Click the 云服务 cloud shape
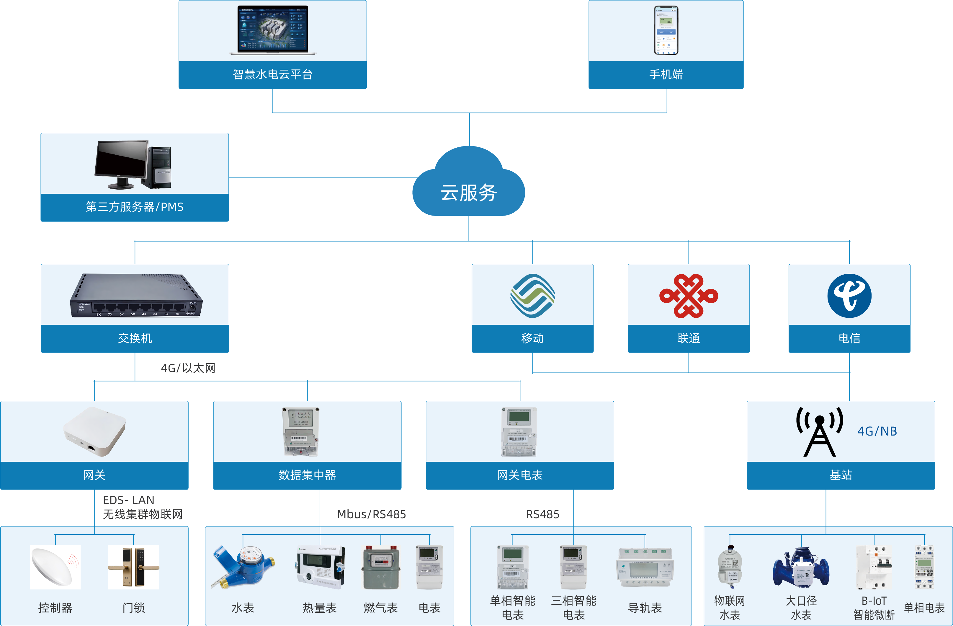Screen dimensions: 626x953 click(x=468, y=184)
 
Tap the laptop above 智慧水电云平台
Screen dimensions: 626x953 click(x=273, y=30)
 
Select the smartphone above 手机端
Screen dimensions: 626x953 click(x=666, y=30)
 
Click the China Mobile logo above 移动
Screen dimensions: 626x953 click(x=532, y=296)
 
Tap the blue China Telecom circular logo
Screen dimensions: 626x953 click(x=849, y=296)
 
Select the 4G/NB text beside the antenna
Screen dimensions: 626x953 click(x=877, y=431)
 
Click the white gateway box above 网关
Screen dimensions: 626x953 click(x=94, y=431)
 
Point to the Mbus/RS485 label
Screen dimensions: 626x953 click(x=371, y=514)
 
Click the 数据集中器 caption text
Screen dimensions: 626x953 click(x=307, y=475)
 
